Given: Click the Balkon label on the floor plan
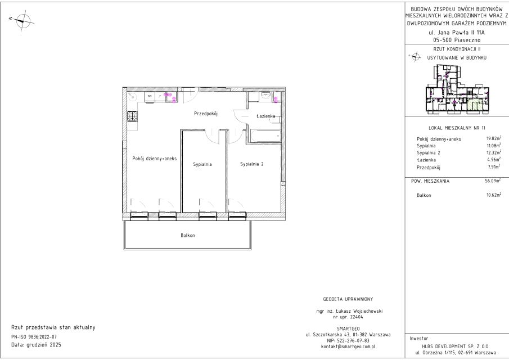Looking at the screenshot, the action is pos(188,235).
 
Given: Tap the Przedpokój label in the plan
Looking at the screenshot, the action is pos(205,114).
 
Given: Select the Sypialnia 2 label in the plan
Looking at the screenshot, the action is pos(251,164).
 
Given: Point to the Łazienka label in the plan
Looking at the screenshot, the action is pos(265,116).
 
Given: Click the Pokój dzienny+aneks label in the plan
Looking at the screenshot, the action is pos(155,159).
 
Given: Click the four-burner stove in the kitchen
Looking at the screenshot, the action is pos(132,116).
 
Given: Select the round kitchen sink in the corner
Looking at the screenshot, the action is pos(132,96).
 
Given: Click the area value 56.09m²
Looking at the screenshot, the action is pos(493,181).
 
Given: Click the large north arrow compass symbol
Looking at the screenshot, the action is pos(22,20).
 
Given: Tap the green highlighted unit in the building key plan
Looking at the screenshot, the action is pos(475,105).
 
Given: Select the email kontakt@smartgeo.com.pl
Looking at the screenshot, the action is pos(348,346).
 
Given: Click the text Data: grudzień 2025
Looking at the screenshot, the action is pos(36,345).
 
